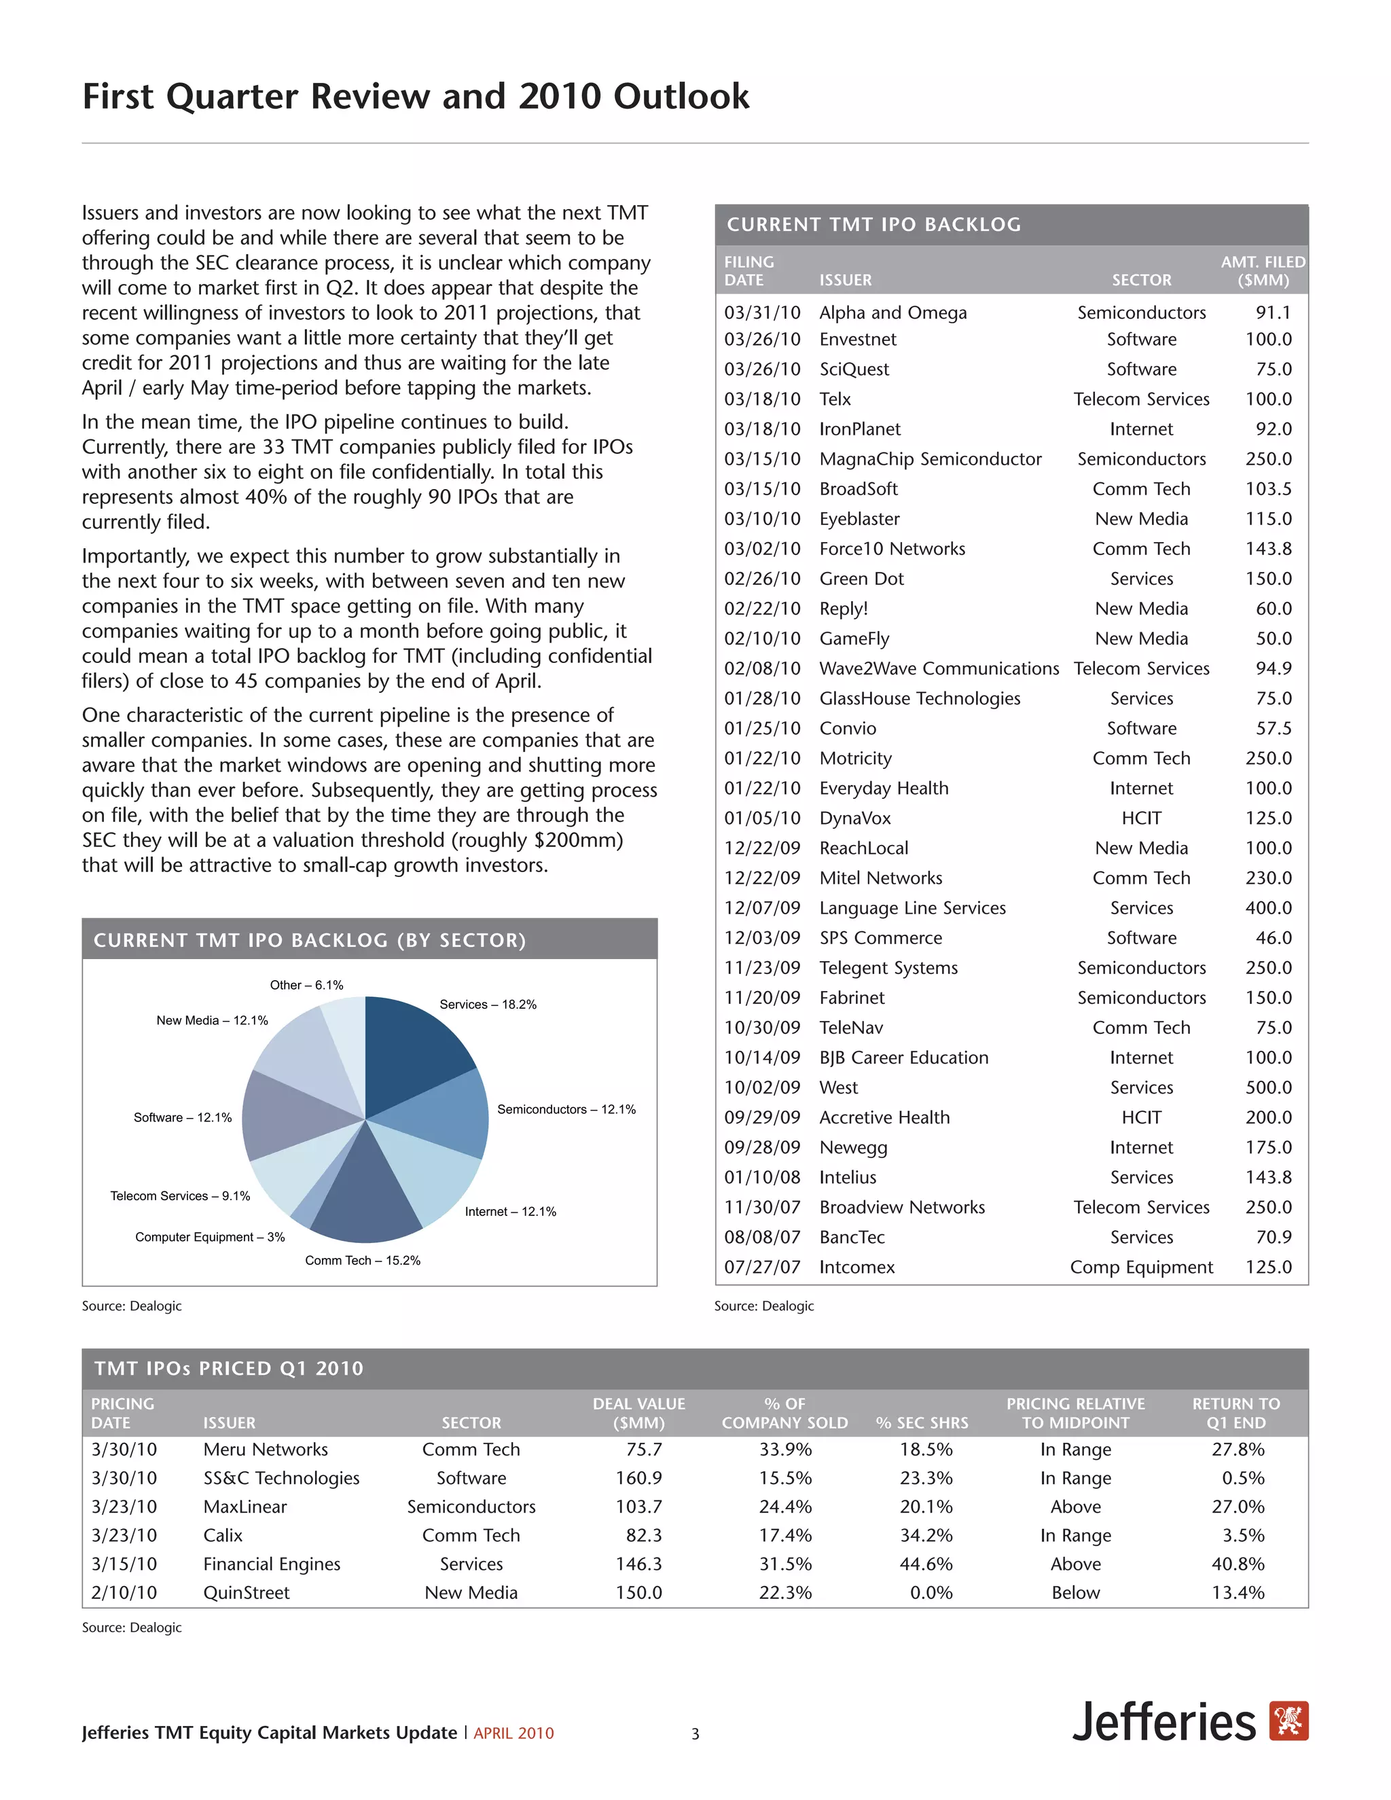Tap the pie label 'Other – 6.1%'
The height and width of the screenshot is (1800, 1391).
[x=306, y=985]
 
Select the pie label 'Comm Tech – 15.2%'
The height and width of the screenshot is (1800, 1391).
[x=363, y=1260]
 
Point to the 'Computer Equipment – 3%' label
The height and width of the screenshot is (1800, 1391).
[x=210, y=1237]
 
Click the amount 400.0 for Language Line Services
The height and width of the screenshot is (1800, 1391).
[x=1268, y=908]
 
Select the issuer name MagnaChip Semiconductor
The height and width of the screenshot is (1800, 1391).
[x=931, y=459]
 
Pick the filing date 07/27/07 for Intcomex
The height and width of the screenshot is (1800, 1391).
[x=762, y=1267]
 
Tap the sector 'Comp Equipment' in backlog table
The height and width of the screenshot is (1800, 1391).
[x=1141, y=1267]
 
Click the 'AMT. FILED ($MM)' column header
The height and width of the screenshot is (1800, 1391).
[x=1263, y=271]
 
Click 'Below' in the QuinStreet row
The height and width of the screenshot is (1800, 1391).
[x=1075, y=1593]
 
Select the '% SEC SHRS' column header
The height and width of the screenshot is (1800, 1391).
[x=922, y=1423]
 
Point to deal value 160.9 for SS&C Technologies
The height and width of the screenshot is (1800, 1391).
[x=638, y=1479]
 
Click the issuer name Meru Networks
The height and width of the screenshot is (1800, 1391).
[x=266, y=1450]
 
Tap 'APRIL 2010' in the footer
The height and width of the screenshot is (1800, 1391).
[x=513, y=1733]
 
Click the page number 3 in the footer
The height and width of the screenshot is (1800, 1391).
[x=695, y=1734]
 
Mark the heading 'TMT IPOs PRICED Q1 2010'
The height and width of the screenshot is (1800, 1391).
[x=228, y=1368]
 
